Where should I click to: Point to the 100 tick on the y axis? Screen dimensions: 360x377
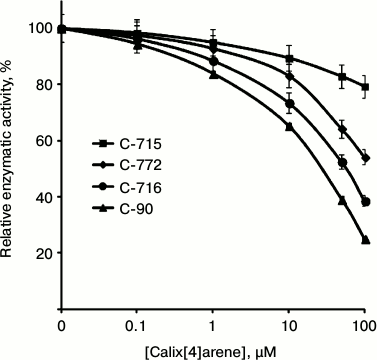pyautogui.click(x=39, y=29)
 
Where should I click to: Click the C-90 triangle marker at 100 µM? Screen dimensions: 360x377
pyautogui.click(x=365, y=240)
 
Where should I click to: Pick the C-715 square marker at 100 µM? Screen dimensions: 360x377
pyautogui.click(x=365, y=87)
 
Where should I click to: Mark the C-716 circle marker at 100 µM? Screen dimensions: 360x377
pyautogui.click(x=365, y=202)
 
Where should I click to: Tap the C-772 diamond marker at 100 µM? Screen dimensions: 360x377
pyautogui.click(x=365, y=158)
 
